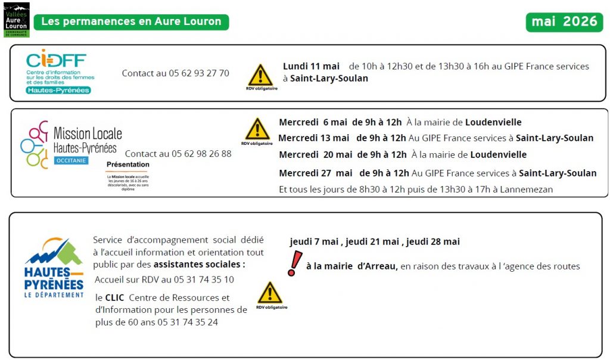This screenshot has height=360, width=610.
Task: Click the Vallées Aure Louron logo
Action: pyautogui.click(x=16, y=20)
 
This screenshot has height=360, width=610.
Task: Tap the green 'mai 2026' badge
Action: pyautogui.click(x=564, y=22)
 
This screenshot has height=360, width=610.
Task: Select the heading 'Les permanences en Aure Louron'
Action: pyautogui.click(x=131, y=22)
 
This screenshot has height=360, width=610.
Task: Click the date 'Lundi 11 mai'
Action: pyautogui.click(x=311, y=66)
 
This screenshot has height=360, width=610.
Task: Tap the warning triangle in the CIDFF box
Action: pyautogui.click(x=260, y=75)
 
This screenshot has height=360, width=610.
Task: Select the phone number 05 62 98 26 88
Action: pyautogui.click(x=201, y=154)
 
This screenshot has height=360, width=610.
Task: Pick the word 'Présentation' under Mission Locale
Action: pyautogui.click(x=128, y=165)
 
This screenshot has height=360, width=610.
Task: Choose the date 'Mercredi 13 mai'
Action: pyautogui.click(x=314, y=138)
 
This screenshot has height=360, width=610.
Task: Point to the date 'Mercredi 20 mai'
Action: pyautogui.click(x=314, y=154)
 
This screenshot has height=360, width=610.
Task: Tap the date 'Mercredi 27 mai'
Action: pyautogui.click(x=316, y=173)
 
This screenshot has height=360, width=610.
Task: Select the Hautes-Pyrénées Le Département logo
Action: pyautogui.click(x=54, y=268)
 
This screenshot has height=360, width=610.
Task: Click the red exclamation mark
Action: pyautogui.click(x=293, y=263)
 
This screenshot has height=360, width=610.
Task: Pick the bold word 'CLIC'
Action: pyautogui.click(x=114, y=297)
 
